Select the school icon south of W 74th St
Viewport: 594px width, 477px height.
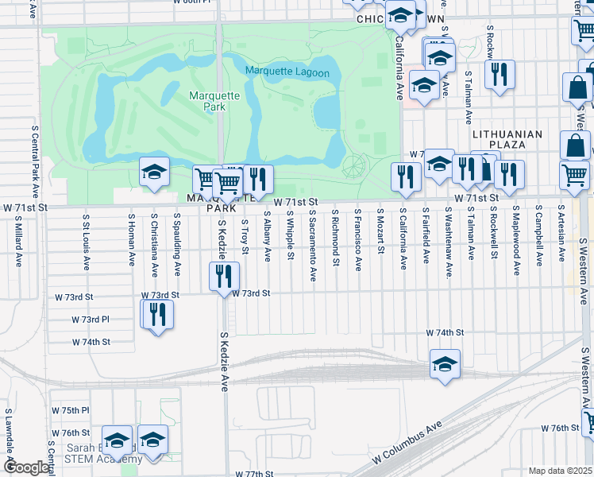point(445,363)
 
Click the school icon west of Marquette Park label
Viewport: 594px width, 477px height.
point(154,172)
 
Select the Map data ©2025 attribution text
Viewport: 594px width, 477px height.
point(560,471)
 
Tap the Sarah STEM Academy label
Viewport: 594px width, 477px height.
point(103,453)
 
